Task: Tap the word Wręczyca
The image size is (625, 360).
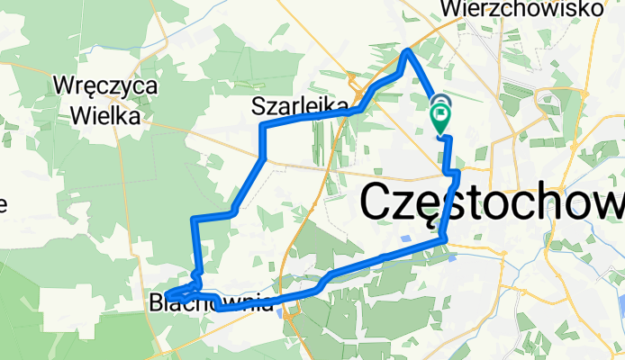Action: pos(106,87)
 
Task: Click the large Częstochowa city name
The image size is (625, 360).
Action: pos(492,202)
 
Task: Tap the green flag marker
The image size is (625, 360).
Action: pos(442,116)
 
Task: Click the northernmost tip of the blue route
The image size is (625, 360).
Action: pos(408,51)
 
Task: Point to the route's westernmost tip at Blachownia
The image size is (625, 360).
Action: pos(168,296)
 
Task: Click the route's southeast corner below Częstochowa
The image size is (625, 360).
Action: pos(444,238)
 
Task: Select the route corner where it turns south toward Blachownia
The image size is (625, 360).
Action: pos(195,219)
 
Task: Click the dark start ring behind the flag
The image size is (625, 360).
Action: pos(441,102)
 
